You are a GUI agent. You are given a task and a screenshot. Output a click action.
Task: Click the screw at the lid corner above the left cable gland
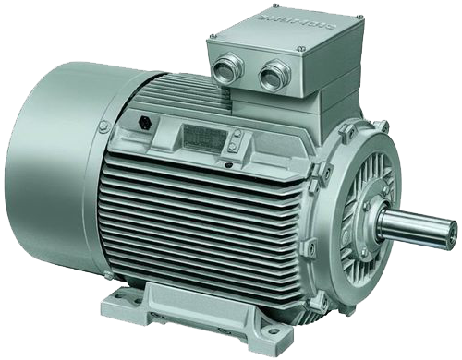(x=212, y=36)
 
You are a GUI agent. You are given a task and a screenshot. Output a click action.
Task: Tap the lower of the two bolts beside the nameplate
(x=237, y=148)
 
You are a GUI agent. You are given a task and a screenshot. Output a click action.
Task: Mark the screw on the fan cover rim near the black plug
(x=104, y=125)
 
